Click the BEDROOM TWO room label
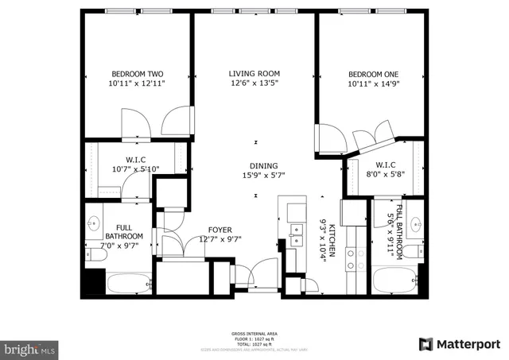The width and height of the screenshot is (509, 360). pyautogui.click(x=137, y=74)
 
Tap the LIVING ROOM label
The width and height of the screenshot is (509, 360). pyautogui.click(x=254, y=74)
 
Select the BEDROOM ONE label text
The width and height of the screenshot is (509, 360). pyautogui.click(x=372, y=74)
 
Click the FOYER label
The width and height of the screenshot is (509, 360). pyautogui.click(x=220, y=230)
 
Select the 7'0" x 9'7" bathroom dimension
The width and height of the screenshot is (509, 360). pyautogui.click(x=123, y=246)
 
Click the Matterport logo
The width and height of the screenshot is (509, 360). pyautogui.click(x=459, y=343)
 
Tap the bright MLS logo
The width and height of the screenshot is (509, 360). pyautogui.click(x=30, y=348)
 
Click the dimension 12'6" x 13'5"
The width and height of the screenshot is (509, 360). pyautogui.click(x=254, y=83)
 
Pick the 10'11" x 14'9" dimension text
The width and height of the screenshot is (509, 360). pyautogui.click(x=372, y=83)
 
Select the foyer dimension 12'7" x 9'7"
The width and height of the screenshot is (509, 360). pyautogui.click(x=220, y=239)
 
